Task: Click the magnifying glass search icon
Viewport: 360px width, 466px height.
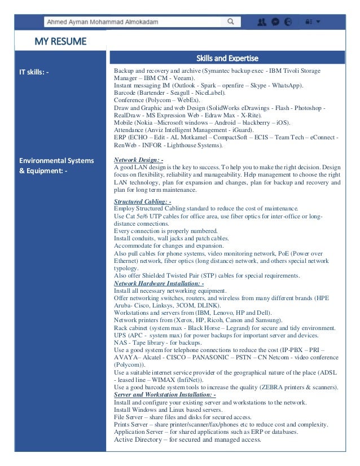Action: [x=230, y=22]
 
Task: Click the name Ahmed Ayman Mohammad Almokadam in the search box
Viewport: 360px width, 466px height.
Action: [x=102, y=22]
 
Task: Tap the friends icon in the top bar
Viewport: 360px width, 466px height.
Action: [x=261, y=22]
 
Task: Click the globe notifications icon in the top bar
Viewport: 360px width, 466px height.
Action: [x=288, y=22]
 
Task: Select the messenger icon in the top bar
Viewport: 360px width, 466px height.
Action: [x=275, y=22]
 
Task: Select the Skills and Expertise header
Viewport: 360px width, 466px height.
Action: [x=227, y=58]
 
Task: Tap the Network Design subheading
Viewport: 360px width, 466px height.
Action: [x=138, y=160]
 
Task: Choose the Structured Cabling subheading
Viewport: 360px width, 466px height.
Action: [x=142, y=201]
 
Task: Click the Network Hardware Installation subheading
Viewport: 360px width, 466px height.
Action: [x=159, y=283]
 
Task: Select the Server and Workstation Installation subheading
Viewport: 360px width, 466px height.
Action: [x=165, y=395]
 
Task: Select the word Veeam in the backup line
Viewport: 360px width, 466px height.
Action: [x=183, y=78]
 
